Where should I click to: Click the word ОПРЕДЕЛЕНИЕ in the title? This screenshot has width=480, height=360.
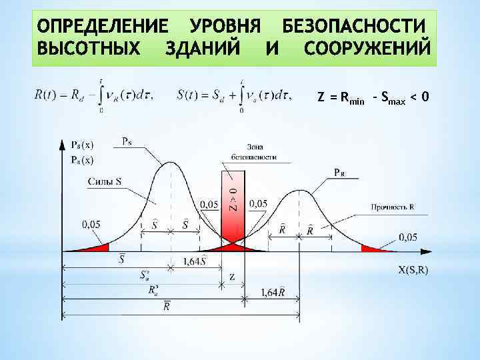coord(103,28)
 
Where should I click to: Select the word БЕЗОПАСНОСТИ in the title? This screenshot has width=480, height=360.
coord(354,28)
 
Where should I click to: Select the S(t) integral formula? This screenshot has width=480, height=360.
coord(233,95)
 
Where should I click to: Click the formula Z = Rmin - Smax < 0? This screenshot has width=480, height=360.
coord(373,98)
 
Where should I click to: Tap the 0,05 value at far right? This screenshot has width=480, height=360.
coord(408,237)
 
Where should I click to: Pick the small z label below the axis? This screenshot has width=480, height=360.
coord(231,276)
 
